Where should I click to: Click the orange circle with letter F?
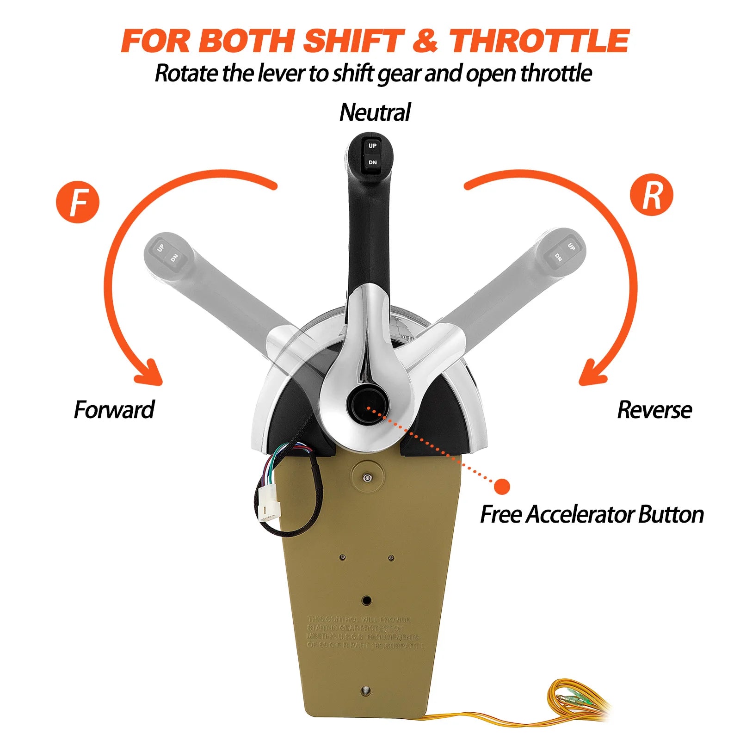pos(78,202)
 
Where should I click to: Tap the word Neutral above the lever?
pos(375,112)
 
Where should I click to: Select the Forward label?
pos(114,410)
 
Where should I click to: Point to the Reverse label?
pos(654,410)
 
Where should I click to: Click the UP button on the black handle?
pos(372,146)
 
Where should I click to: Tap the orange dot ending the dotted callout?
pos(502,487)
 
